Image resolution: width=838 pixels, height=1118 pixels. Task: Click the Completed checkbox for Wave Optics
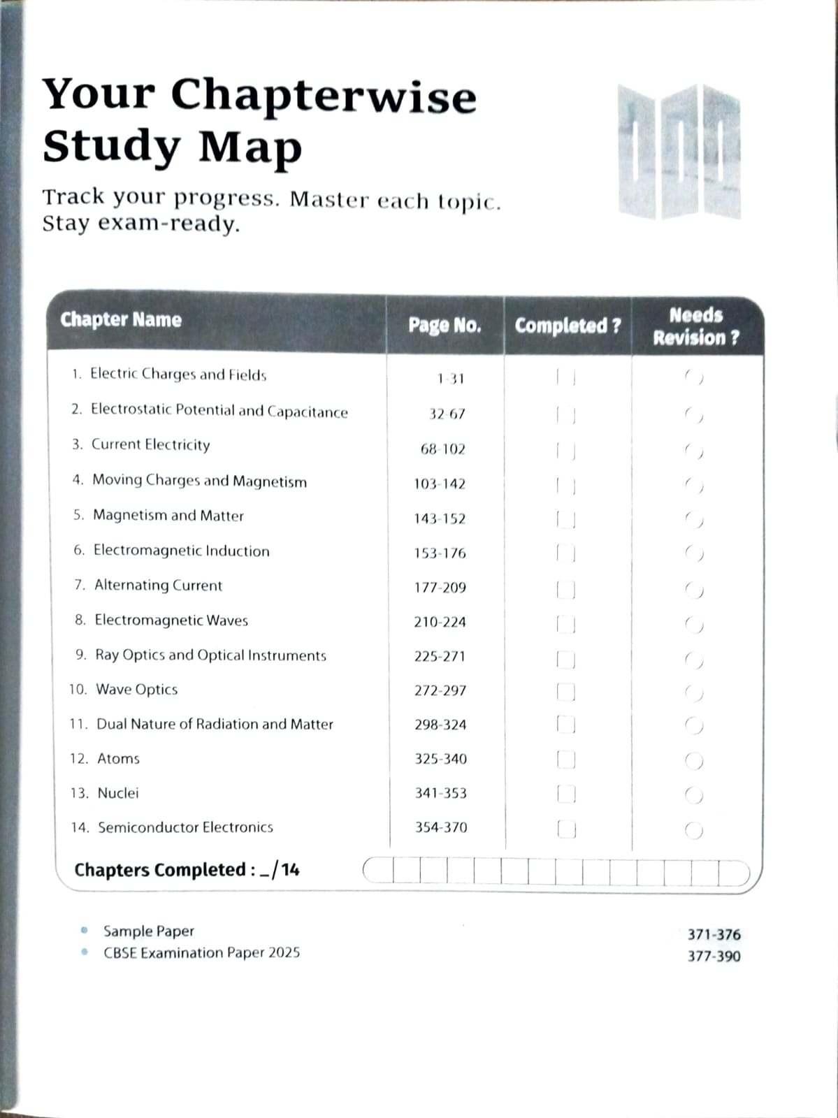point(566,692)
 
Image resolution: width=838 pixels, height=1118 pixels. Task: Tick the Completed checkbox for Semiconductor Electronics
point(566,829)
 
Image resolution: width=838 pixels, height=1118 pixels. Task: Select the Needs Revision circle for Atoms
point(694,760)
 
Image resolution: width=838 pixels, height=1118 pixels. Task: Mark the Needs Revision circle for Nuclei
point(694,795)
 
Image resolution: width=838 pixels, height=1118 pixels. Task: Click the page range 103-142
point(440,484)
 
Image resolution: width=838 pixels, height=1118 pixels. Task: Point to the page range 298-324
point(440,725)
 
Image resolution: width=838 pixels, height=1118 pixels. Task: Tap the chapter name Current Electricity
point(150,445)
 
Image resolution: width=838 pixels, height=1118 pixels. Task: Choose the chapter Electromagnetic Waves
point(171,620)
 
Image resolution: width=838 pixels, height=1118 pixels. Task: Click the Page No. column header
point(445,326)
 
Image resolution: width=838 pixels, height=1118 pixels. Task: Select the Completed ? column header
point(568,326)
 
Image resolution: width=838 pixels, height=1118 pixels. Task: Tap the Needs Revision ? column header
point(696,326)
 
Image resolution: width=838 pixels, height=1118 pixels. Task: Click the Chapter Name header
point(121,320)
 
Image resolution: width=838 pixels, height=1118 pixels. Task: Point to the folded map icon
point(679,152)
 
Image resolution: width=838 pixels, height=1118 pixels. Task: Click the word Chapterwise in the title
point(324,95)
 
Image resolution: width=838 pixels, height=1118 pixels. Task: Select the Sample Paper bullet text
point(149,931)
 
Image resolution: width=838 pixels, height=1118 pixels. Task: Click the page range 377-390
point(714,957)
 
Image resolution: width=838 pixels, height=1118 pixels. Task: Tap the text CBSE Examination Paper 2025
point(202,953)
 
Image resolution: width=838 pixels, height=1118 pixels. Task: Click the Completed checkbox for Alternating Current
point(566,589)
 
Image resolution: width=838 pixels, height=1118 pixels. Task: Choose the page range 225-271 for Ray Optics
point(440,656)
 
